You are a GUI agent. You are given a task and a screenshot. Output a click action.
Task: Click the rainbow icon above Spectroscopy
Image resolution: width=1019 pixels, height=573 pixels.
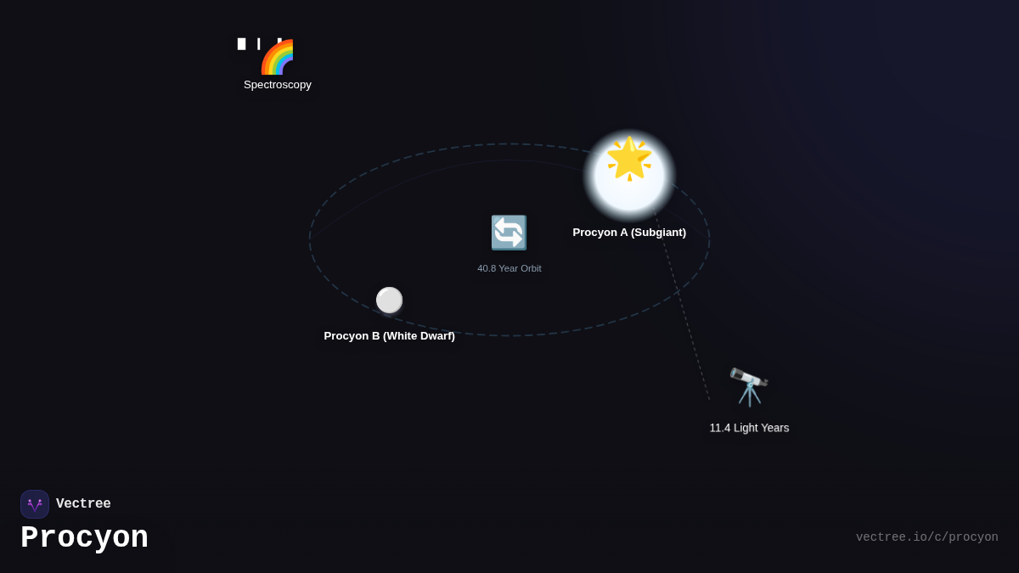pyautogui.click(x=277, y=57)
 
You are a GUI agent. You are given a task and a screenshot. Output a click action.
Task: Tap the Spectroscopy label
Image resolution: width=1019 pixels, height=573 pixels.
pyautogui.click(x=278, y=85)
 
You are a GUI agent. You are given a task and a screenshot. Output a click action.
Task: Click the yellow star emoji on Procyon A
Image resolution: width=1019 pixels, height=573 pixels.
pyautogui.click(x=629, y=158)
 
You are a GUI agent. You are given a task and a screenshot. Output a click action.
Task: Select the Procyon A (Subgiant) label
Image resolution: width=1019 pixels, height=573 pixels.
pyautogui.click(x=629, y=233)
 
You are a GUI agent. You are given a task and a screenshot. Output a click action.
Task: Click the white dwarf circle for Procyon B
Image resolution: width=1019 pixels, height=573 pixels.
pyautogui.click(x=389, y=301)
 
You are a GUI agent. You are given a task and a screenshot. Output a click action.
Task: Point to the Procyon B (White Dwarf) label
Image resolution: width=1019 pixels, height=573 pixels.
pyautogui.click(x=390, y=336)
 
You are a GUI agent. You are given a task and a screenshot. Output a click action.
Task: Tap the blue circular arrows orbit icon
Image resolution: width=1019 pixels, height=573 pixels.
pyautogui.click(x=509, y=233)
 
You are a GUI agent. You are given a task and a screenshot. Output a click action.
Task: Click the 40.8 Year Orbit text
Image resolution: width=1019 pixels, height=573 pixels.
pyautogui.click(x=509, y=269)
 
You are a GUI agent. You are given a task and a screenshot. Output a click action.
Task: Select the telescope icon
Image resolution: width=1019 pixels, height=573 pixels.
pyautogui.click(x=749, y=387)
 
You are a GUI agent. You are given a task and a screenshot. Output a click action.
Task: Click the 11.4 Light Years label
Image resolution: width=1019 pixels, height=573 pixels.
pyautogui.click(x=749, y=428)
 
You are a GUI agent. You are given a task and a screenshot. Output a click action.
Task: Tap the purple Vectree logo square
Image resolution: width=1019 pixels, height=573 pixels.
pyautogui.click(x=35, y=504)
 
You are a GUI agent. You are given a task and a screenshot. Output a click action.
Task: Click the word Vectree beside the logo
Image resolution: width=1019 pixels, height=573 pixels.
pyautogui.click(x=83, y=503)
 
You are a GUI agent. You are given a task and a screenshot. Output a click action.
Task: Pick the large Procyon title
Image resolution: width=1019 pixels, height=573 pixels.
pyautogui.click(x=85, y=537)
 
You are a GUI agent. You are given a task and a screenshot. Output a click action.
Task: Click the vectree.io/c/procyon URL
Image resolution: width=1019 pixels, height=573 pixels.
pyautogui.click(x=927, y=537)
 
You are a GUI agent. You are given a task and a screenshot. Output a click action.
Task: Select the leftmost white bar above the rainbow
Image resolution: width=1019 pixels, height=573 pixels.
pyautogui.click(x=241, y=44)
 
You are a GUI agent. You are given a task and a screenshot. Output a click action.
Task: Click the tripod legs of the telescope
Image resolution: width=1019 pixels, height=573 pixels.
pyautogui.click(x=750, y=396)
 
